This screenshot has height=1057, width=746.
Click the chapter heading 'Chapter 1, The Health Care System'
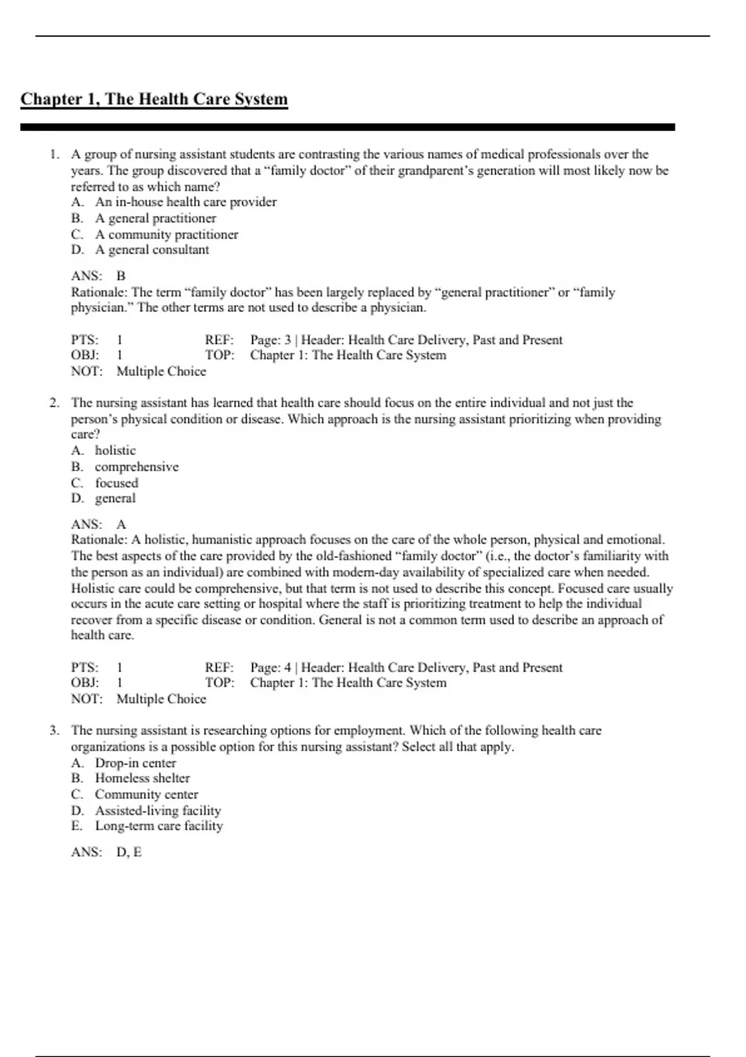[154, 99]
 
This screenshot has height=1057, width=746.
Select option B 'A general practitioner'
[155, 218]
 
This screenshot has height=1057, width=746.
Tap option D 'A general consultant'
[152, 250]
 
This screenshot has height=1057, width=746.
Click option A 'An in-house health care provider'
[185, 202]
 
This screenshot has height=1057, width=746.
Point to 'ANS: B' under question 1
[98, 276]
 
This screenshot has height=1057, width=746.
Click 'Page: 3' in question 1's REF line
[270, 340]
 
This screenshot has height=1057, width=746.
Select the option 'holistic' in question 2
[115, 451]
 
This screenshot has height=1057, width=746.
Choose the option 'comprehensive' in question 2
[136, 467]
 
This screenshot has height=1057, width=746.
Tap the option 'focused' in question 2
[116, 483]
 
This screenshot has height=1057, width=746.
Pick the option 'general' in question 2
[115, 499]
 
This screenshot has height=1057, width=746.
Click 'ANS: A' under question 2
[98, 525]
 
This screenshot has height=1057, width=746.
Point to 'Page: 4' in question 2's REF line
[270, 668]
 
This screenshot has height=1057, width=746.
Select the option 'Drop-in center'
[135, 763]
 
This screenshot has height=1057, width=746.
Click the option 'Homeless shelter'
[142, 778]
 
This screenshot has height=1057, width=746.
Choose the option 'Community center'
[146, 795]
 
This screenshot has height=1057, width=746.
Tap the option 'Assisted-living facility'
[157, 811]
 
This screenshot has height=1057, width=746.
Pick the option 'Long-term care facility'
[159, 826]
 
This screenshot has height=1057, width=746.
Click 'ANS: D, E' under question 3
[106, 852]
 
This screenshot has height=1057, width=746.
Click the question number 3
[54, 731]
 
